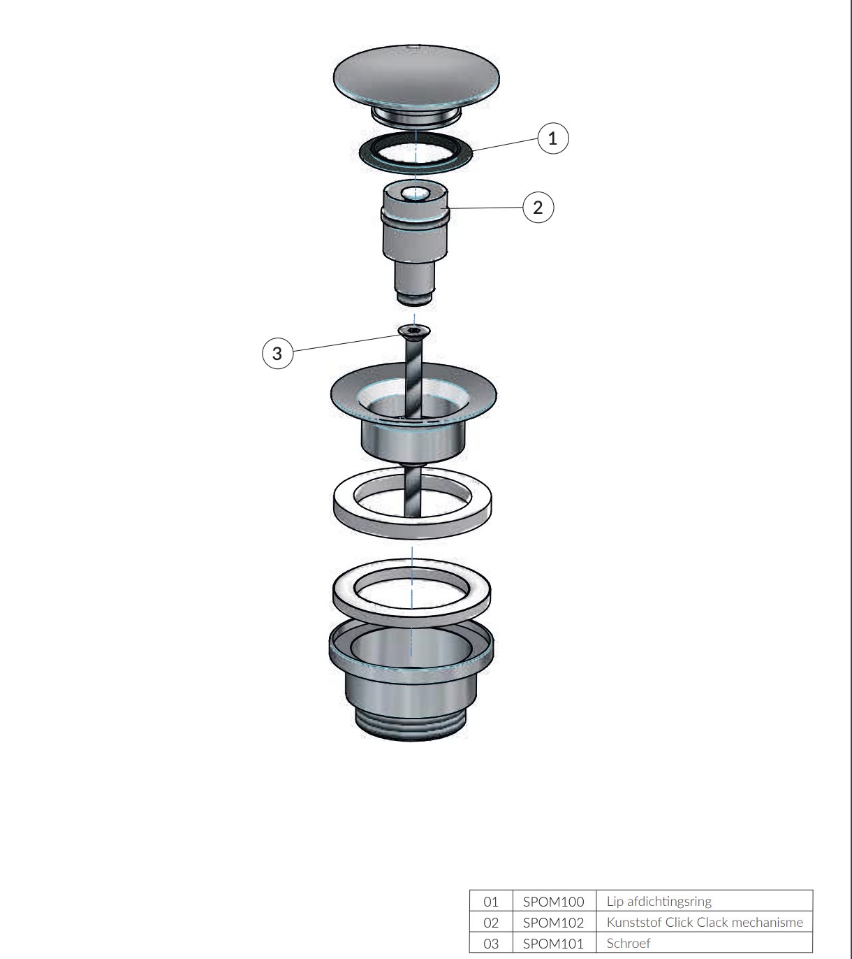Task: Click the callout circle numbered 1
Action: click(x=552, y=138)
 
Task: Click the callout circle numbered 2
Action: click(x=538, y=208)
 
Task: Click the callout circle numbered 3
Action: click(x=277, y=354)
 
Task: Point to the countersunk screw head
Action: click(x=414, y=330)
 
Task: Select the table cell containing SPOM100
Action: click(x=553, y=901)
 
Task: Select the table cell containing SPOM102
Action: click(x=553, y=922)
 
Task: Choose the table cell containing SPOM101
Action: click(x=553, y=943)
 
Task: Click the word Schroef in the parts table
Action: click(x=628, y=943)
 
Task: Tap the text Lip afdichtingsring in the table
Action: click(x=659, y=901)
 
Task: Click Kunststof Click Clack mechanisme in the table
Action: click(x=704, y=922)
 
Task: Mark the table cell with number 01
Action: click(x=491, y=901)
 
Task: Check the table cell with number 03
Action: click(x=491, y=943)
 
